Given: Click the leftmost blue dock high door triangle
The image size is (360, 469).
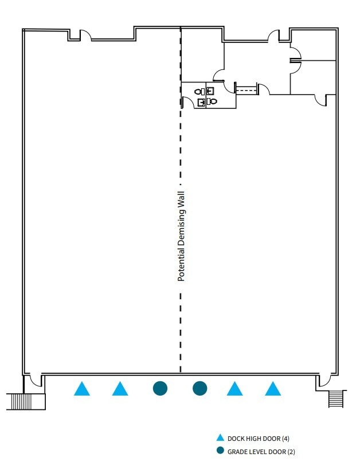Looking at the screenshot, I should click(x=82, y=390).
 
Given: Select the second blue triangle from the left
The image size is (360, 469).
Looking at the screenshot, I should click(x=120, y=390).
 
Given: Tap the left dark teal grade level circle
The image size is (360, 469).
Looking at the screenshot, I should click(x=160, y=388).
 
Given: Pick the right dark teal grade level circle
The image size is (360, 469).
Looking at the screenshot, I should click(x=199, y=388).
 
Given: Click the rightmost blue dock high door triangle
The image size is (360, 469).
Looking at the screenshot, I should click(x=273, y=390).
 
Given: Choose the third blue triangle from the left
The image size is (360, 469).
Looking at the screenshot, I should click(x=234, y=390).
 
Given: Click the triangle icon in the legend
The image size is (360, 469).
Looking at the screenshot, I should click(x=220, y=438).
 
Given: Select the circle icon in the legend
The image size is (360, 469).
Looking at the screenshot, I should click(x=220, y=451).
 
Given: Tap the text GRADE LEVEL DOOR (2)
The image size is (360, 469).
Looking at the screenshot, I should click(x=261, y=451).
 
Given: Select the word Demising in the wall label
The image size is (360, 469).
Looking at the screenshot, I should click(x=181, y=228).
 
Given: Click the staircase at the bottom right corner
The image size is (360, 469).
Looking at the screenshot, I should click(x=336, y=398).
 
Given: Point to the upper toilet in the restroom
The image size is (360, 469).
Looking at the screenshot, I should click(x=198, y=91).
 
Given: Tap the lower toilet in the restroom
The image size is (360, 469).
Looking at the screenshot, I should click(x=213, y=101).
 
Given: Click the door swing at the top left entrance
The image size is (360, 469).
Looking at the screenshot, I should click(x=85, y=36).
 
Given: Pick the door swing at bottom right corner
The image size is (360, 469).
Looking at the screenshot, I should click(x=325, y=381).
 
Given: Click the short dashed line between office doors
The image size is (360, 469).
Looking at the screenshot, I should click(x=246, y=88).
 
